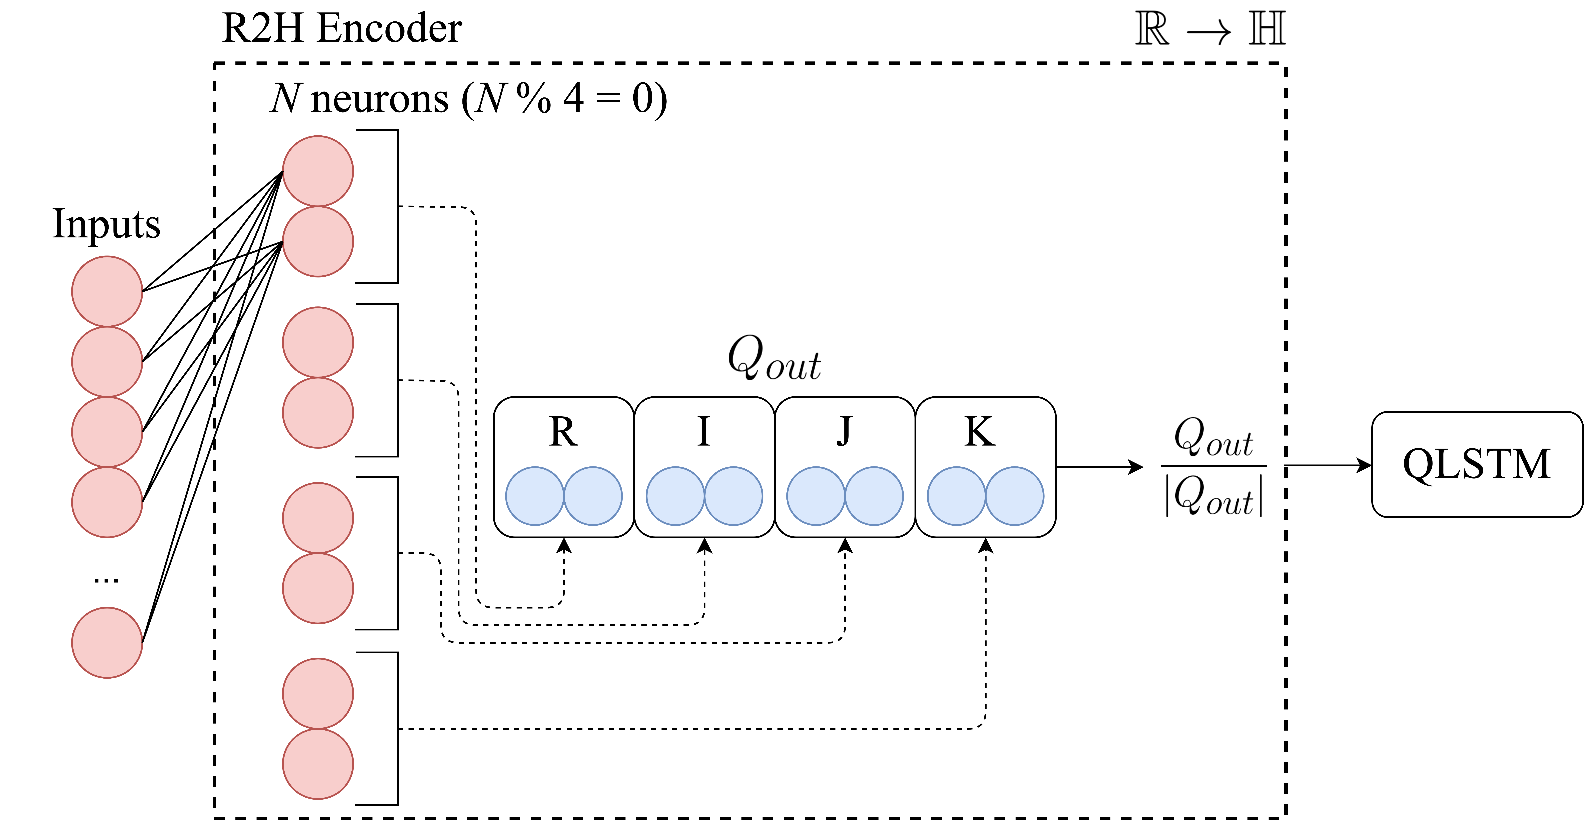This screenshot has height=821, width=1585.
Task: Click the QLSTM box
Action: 1477,464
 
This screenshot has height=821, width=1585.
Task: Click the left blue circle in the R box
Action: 535,496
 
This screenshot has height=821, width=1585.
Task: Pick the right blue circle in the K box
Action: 1015,496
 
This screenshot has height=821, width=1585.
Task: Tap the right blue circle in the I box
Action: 733,496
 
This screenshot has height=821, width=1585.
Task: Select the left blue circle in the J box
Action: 816,496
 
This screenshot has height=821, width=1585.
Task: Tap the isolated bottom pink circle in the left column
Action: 107,643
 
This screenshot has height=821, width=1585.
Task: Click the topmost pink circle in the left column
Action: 107,291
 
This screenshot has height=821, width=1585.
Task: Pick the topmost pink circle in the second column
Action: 318,171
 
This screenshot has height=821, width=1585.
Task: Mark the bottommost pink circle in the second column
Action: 318,764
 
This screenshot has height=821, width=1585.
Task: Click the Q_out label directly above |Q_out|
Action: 1213,438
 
